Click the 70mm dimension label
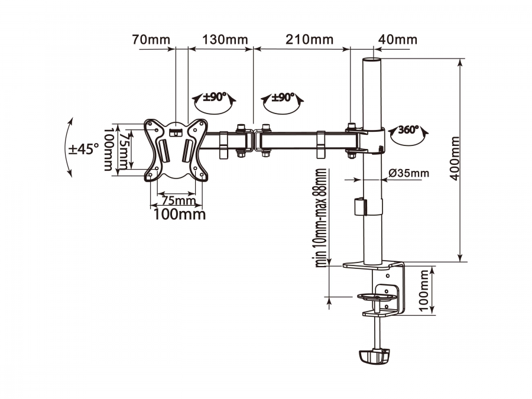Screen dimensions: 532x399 (151, 40)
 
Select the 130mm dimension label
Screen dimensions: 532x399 (225, 40)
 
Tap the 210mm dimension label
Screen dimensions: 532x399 (309, 40)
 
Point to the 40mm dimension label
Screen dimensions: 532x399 (398, 40)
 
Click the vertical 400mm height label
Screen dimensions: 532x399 (455, 158)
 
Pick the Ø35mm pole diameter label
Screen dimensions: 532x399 (409, 173)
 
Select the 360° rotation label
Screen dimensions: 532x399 (408, 129)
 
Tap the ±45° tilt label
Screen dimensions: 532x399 (83, 148)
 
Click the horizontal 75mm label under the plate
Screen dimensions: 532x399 (179, 200)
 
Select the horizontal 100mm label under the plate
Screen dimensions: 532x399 (180, 214)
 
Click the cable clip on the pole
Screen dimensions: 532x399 (361, 206)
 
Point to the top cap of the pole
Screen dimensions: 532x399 (372, 60)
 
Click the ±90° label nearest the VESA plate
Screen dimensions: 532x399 (215, 98)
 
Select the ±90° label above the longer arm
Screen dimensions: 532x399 (283, 98)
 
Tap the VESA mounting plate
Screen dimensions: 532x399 (176, 150)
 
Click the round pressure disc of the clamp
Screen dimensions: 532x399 (377, 297)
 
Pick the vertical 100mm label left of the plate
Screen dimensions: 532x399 (108, 150)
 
